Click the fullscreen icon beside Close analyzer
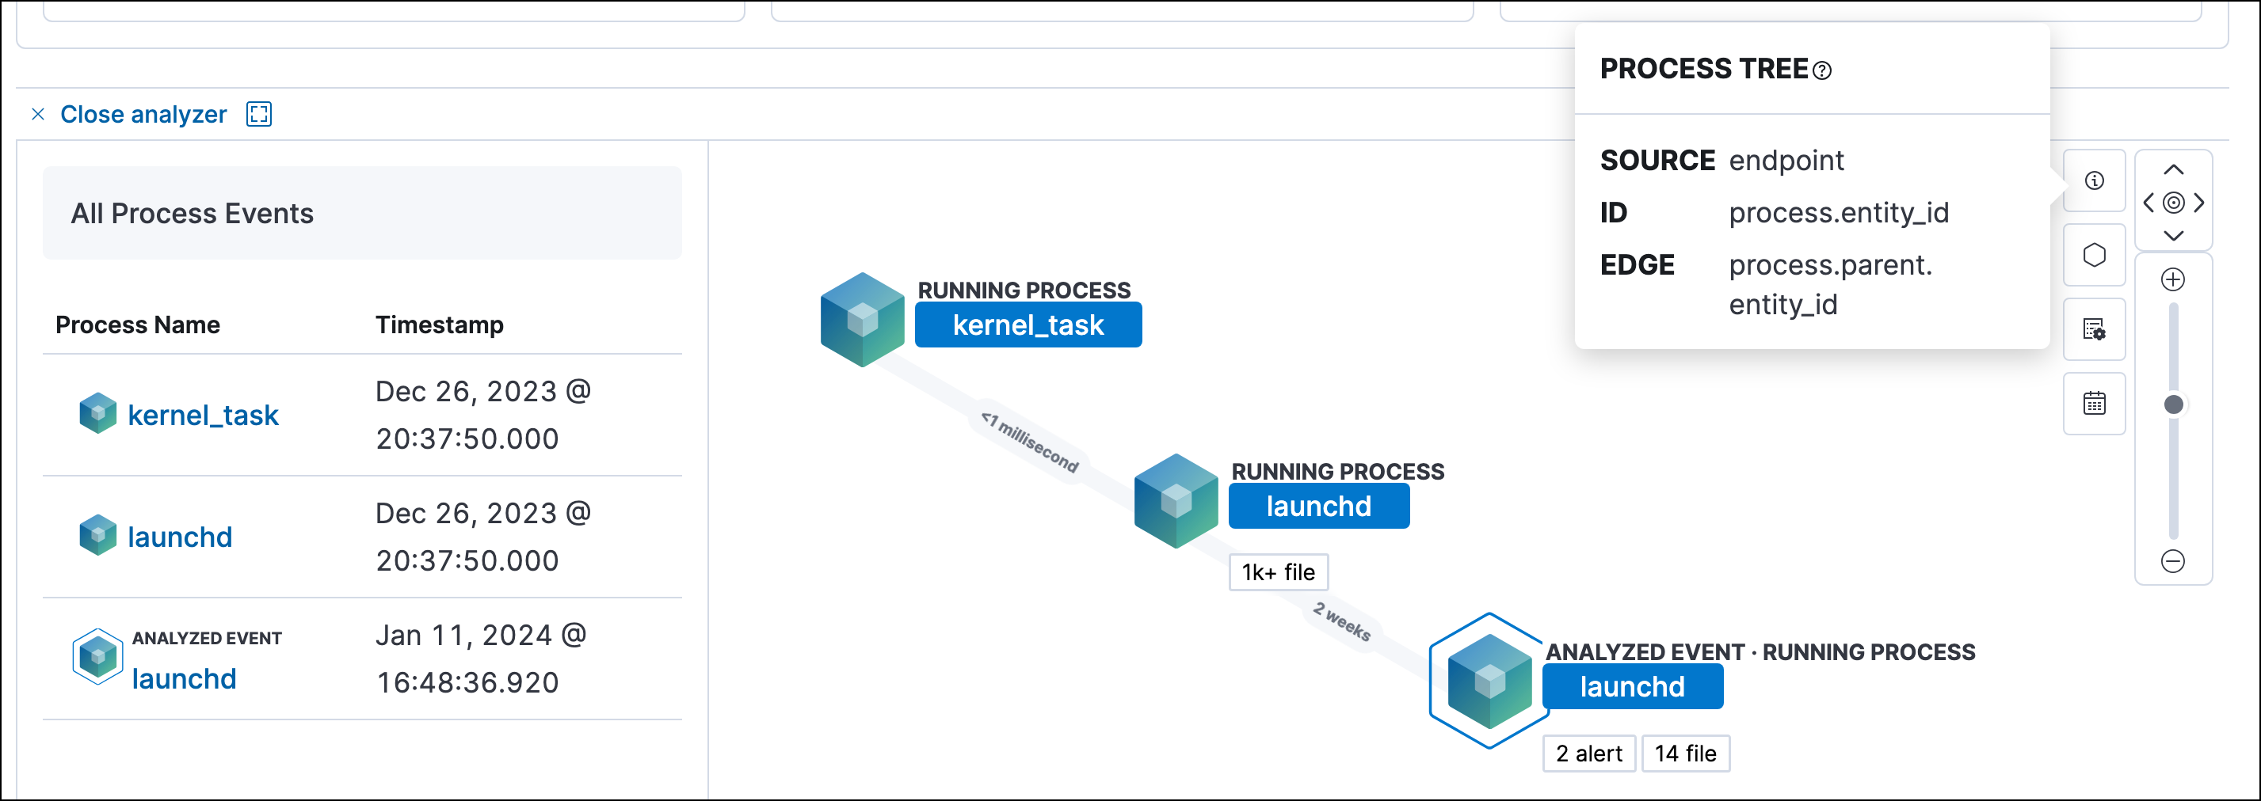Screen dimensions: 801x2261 (x=259, y=114)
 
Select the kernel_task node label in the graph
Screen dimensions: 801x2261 (x=1028, y=325)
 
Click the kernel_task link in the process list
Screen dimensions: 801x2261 (x=203, y=415)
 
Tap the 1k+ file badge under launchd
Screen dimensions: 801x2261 (x=1278, y=573)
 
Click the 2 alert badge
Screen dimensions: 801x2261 (x=1588, y=754)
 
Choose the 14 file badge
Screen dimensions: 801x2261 (x=1685, y=754)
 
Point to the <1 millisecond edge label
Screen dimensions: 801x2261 (x=1031, y=442)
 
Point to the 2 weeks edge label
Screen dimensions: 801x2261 (x=1342, y=621)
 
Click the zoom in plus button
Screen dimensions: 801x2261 (x=2172, y=280)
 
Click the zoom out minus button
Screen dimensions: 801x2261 (x=2172, y=561)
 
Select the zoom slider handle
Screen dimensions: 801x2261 (x=2173, y=404)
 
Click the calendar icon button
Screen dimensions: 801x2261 (x=2094, y=404)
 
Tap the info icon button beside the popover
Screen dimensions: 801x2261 (x=2094, y=180)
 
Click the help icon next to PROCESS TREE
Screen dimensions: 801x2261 (x=1822, y=71)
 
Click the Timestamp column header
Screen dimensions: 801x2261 (x=439, y=325)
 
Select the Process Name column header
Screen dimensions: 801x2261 (x=138, y=325)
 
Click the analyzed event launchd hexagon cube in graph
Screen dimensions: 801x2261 (x=1489, y=681)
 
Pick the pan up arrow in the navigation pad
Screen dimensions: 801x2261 (x=2173, y=170)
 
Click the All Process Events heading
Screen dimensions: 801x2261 (x=193, y=213)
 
